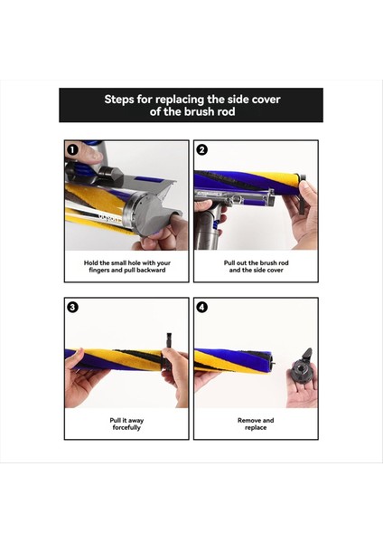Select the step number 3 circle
pos(72,307)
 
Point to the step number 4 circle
pos(202,307)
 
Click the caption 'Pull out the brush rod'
pos(256,262)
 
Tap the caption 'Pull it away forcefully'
pos(126,424)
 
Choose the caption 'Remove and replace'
pos(256,424)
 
